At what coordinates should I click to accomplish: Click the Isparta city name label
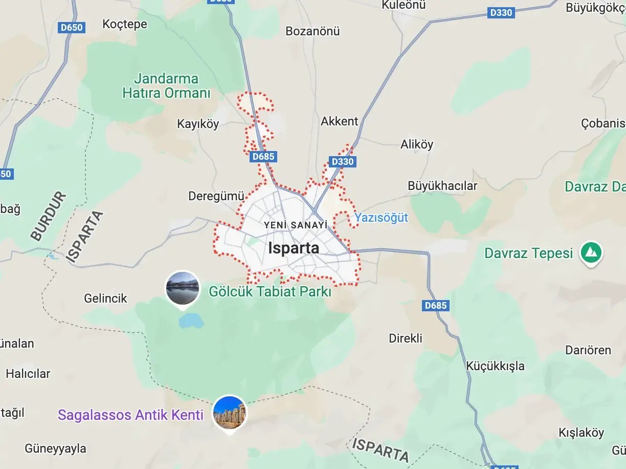[294, 248]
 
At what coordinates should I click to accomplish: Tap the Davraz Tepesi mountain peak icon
[591, 253]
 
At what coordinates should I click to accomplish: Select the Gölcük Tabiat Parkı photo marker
[183, 288]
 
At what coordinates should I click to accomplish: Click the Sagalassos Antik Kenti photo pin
[230, 412]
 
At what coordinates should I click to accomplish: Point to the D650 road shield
[72, 28]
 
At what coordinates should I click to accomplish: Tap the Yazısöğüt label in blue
[382, 218]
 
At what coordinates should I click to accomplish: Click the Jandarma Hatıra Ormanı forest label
[166, 86]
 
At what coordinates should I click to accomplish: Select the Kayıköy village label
[198, 124]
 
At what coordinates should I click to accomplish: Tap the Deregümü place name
[217, 196]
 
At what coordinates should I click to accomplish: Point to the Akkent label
[340, 121]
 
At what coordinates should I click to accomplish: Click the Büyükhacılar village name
[442, 185]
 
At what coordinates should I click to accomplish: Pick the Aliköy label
[417, 144]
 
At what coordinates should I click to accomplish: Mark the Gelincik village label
[105, 298]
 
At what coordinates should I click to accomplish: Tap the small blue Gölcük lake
[191, 321]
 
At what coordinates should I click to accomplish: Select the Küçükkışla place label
[496, 366]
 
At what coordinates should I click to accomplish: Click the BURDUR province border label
[49, 217]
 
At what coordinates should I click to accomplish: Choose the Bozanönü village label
[312, 31]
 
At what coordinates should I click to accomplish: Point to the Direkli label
[406, 338]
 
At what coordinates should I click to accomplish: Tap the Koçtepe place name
[125, 24]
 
